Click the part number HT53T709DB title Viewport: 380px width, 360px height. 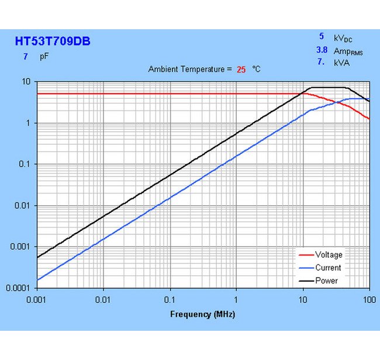(53, 41)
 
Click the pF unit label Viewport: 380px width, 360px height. (44, 57)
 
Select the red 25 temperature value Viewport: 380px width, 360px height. (241, 69)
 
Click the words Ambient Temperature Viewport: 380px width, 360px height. (186, 69)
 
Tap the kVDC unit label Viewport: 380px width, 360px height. (343, 38)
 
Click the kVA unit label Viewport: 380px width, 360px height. (341, 62)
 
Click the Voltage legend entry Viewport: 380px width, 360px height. (329, 255)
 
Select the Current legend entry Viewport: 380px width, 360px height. (328, 268)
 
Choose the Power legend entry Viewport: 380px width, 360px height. (326, 281)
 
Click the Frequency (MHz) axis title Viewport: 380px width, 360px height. (202, 314)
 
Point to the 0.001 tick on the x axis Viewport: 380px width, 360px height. (36, 299)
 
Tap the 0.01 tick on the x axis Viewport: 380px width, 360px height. (103, 299)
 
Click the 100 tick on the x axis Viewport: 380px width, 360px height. (368, 299)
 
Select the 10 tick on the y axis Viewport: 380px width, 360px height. (26, 82)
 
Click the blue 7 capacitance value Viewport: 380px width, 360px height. (26, 57)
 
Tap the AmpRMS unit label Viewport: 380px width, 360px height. (348, 51)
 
